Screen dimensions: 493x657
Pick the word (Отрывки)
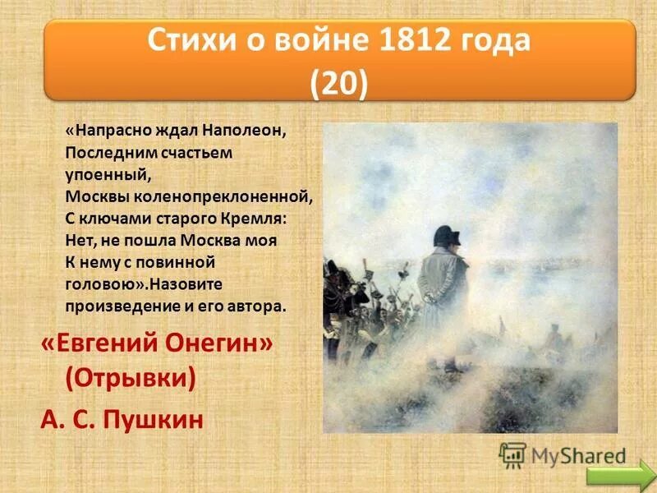point(131,379)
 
